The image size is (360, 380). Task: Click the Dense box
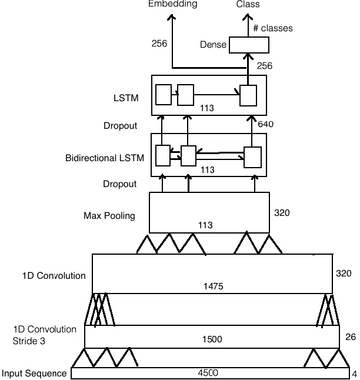[x=248, y=45]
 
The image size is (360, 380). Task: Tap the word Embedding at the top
[x=172, y=4]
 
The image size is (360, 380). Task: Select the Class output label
[x=248, y=4]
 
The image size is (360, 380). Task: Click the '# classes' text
[x=272, y=28]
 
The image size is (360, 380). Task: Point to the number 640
[x=265, y=124]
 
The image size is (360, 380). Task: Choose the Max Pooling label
[x=109, y=216]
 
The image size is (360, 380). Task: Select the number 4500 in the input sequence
[x=208, y=373]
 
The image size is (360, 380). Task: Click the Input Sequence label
[x=33, y=374]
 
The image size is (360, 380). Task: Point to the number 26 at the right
[x=351, y=337]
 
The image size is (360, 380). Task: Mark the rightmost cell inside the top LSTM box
[x=248, y=95]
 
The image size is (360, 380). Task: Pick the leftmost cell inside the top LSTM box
[x=164, y=94]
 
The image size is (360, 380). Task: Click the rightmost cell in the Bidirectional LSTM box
[x=252, y=158]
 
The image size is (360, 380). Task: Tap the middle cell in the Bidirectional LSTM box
[x=188, y=156]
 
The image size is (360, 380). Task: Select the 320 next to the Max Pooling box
[x=282, y=212]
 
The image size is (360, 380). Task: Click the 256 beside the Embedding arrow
[x=159, y=43]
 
